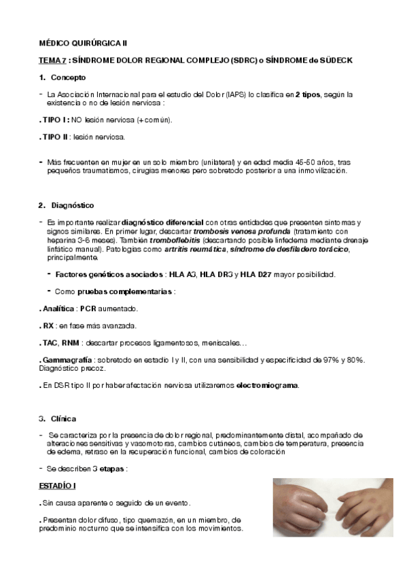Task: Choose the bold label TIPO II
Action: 56,137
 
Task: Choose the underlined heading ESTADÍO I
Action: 56,486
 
